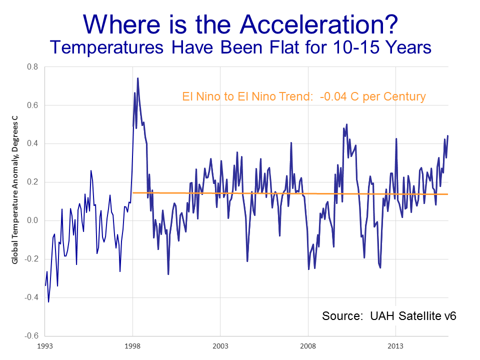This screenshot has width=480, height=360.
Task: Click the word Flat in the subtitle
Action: click(298, 47)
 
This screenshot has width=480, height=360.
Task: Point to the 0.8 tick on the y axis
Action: click(32, 67)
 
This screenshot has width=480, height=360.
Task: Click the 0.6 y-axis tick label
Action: click(32, 105)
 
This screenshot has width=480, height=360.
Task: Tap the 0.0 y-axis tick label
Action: click(32, 220)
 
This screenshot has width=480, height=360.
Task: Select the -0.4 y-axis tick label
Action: click(31, 297)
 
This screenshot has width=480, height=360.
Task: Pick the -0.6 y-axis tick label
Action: click(31, 336)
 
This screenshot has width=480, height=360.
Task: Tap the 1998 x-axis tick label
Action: click(132, 345)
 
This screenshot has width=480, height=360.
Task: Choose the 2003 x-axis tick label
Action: click(220, 345)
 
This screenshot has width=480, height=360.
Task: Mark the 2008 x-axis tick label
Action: click(308, 345)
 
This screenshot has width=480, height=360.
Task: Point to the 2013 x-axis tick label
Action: click(395, 345)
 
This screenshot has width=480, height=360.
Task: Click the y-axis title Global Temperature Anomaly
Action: click(15, 190)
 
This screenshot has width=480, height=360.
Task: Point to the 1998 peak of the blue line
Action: click(137, 78)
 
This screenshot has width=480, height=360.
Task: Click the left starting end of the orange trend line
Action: click(133, 193)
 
